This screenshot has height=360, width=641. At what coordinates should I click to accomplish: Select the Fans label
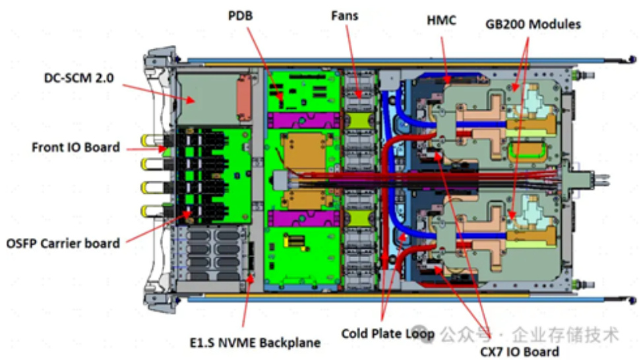[x=344, y=15]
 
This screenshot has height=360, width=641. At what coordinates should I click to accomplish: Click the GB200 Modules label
[x=533, y=24]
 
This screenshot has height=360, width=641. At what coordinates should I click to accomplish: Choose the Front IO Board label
[x=75, y=147]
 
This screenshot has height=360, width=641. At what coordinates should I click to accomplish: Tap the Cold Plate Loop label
[x=388, y=334]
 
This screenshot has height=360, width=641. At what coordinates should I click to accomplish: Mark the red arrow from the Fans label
[x=353, y=59]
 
